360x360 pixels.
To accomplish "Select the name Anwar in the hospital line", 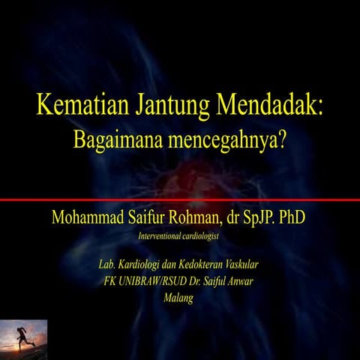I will (x=238, y=282).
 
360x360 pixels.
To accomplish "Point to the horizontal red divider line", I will (x=180, y=199).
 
